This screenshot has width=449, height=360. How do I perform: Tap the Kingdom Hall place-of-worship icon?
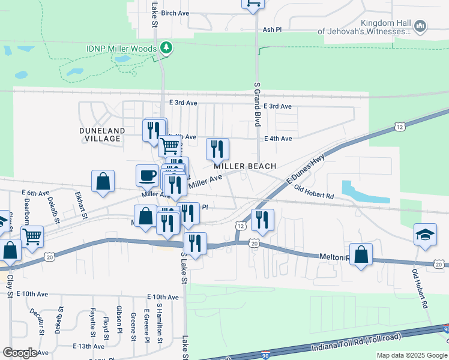coord(420,26)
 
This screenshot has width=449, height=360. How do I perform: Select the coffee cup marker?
coord(148,176)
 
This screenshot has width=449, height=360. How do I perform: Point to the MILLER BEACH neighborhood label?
coord(246,166)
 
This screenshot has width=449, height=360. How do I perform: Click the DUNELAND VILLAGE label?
coord(102,134)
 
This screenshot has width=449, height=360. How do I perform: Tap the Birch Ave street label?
coord(175,13)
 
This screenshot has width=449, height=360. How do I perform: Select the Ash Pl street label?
coord(272,29)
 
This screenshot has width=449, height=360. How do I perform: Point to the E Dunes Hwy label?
coord(306,167)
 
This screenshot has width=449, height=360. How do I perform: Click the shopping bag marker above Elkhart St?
coord(103,181)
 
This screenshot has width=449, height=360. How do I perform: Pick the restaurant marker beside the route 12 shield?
coord(262,220)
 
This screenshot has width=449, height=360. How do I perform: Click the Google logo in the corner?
coord(19,353)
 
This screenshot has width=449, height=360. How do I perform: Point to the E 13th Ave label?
coord(88,346)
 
